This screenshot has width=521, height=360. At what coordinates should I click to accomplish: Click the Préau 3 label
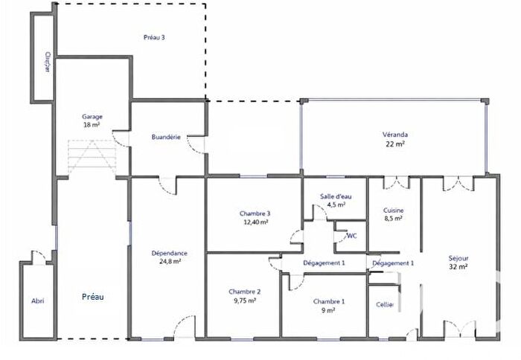pos(154,37)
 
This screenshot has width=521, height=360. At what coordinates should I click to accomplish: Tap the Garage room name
pos(92,117)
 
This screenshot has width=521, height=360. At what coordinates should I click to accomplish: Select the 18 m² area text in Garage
pos(92,125)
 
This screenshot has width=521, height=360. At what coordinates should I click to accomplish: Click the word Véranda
pos(394,135)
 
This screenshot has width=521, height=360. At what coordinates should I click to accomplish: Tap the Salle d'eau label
pos(336,196)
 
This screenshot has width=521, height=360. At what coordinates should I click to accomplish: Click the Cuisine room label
pos(392,210)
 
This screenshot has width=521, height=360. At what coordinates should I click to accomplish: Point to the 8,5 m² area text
pos(392,219)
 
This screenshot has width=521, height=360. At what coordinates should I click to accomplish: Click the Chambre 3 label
pos(255,213)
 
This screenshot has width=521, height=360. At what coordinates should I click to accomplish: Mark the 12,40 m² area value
pos(255,222)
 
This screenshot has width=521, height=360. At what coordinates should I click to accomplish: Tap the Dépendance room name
pos(169,253)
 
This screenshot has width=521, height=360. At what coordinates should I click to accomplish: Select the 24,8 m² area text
pos(169,261)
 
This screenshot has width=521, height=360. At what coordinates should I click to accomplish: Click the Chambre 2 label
pos(244,292)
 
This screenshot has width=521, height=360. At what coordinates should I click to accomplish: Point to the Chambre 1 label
pos(328,300)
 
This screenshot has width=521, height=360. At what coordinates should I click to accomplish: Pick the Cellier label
pos(385,304)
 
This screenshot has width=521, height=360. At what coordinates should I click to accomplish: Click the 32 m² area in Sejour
pos(458,266)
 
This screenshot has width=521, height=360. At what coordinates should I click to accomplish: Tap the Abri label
pos(37,301)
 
